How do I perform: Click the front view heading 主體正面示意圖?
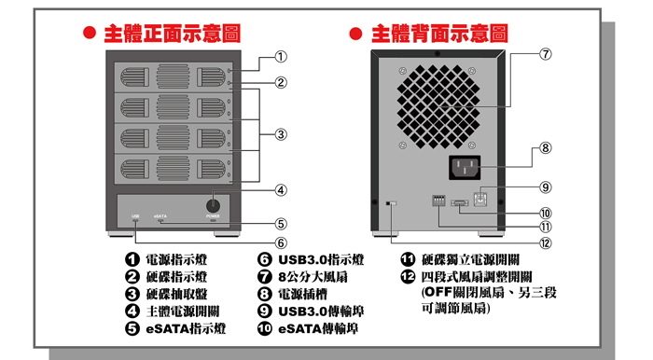(172, 34)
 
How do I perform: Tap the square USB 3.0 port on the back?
(482, 199)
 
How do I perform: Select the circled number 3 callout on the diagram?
(280, 134)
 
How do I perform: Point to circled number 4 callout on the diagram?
(280, 190)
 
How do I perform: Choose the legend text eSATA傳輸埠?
(317, 329)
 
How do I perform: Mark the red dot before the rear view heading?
(356, 34)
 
